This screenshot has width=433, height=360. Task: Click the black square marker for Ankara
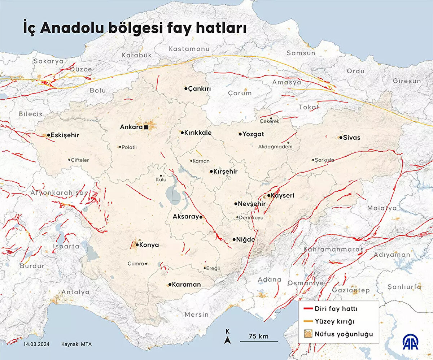click(146, 127)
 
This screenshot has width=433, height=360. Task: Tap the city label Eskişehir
click(65, 135)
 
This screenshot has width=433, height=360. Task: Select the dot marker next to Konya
click(137, 245)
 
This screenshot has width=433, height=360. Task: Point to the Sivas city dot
click(341, 138)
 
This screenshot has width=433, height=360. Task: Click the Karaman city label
click(186, 285)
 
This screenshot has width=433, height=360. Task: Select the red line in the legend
click(307, 309)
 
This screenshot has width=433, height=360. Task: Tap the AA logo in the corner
click(411, 342)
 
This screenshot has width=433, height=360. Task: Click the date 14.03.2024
click(36, 344)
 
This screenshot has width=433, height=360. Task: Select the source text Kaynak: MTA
click(76, 344)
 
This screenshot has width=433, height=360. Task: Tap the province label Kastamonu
click(189, 49)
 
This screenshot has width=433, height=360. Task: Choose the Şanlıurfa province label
click(404, 287)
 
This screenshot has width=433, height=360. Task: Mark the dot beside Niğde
click(234, 239)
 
